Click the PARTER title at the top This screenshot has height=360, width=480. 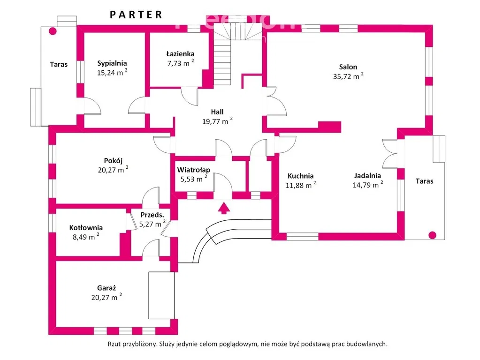pyautogui.click(x=136, y=15)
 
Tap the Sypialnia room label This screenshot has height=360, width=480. pyautogui.click(x=112, y=63)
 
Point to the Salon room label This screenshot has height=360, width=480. pyautogui.click(x=349, y=67)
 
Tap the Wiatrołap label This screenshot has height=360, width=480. pyautogui.click(x=193, y=170)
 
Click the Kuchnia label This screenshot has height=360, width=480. pyautogui.click(x=300, y=176)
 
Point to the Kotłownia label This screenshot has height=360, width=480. pyautogui.click(x=86, y=228)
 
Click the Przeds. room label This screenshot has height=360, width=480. pyautogui.click(x=152, y=215)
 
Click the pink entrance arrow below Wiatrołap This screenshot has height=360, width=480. pyautogui.click(x=224, y=207)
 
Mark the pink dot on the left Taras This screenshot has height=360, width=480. pyautogui.click(x=53, y=32)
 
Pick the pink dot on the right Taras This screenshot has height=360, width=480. pyautogui.click(x=432, y=235)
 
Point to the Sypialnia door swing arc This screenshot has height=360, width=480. pyautogui.click(x=93, y=106)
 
